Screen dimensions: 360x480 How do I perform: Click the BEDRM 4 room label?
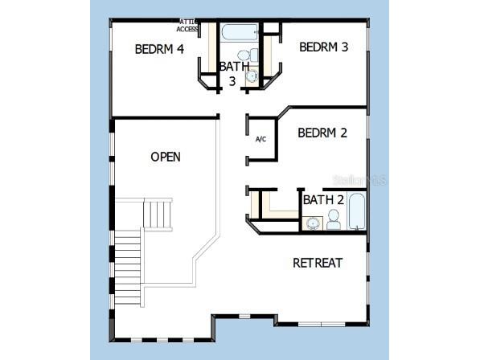coord(159,49)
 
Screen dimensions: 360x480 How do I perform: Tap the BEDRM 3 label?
coord(323,47)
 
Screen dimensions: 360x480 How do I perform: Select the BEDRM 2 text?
coord(322,133)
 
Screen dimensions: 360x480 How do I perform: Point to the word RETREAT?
coord(318,263)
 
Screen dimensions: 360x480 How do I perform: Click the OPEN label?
coord(166,157)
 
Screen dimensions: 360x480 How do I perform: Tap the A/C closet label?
coord(261,139)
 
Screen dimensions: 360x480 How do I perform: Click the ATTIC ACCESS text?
coord(187,26)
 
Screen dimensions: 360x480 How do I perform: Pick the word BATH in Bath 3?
coord(234,66)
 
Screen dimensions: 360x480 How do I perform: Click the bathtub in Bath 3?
coord(239,34)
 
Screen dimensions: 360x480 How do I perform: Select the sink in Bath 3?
coord(252,76)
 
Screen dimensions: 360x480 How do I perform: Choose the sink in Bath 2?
coord(312,223)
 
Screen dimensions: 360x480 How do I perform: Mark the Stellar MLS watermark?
coord(363,180)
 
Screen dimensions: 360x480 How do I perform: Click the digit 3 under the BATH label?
coord(232,81)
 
